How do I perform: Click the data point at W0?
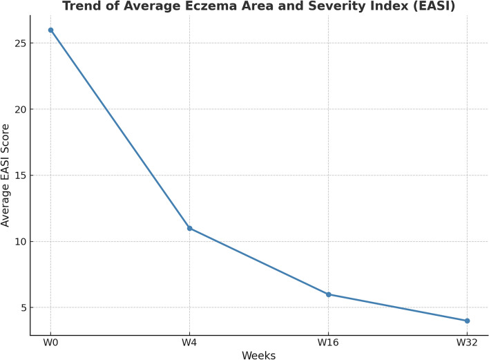click(x=50, y=30)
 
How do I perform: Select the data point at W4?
click(x=189, y=228)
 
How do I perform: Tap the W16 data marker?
click(x=328, y=294)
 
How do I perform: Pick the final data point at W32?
click(x=467, y=321)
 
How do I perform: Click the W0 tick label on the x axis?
click(x=50, y=343)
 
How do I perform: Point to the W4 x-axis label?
click(x=189, y=343)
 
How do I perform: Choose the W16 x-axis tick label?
click(x=328, y=343)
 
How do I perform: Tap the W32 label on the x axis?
click(x=467, y=343)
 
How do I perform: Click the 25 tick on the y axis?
click(x=20, y=43)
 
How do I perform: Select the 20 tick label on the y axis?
click(x=20, y=109)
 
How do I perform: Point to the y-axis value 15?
click(x=20, y=176)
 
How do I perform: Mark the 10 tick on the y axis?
click(x=20, y=241)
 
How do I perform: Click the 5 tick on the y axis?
click(x=23, y=307)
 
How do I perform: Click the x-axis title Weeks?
click(x=258, y=355)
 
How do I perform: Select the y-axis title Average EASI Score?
click(x=5, y=176)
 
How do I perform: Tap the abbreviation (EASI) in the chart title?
click(x=434, y=6)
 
